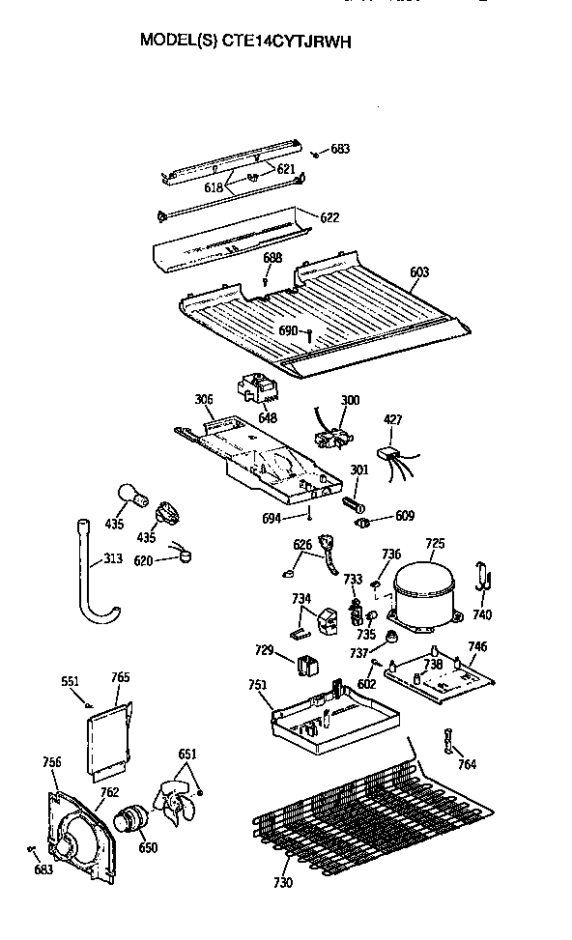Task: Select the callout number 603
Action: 418,273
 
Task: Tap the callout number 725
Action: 435,545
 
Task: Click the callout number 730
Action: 281,881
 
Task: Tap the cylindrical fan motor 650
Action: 128,821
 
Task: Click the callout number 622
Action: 329,217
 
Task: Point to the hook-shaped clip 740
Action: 483,578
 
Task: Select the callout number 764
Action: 467,765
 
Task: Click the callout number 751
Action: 257,685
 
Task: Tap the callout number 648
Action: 267,417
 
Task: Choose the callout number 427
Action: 393,420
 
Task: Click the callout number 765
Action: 120,678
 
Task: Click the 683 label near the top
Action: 340,149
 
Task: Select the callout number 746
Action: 477,646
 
